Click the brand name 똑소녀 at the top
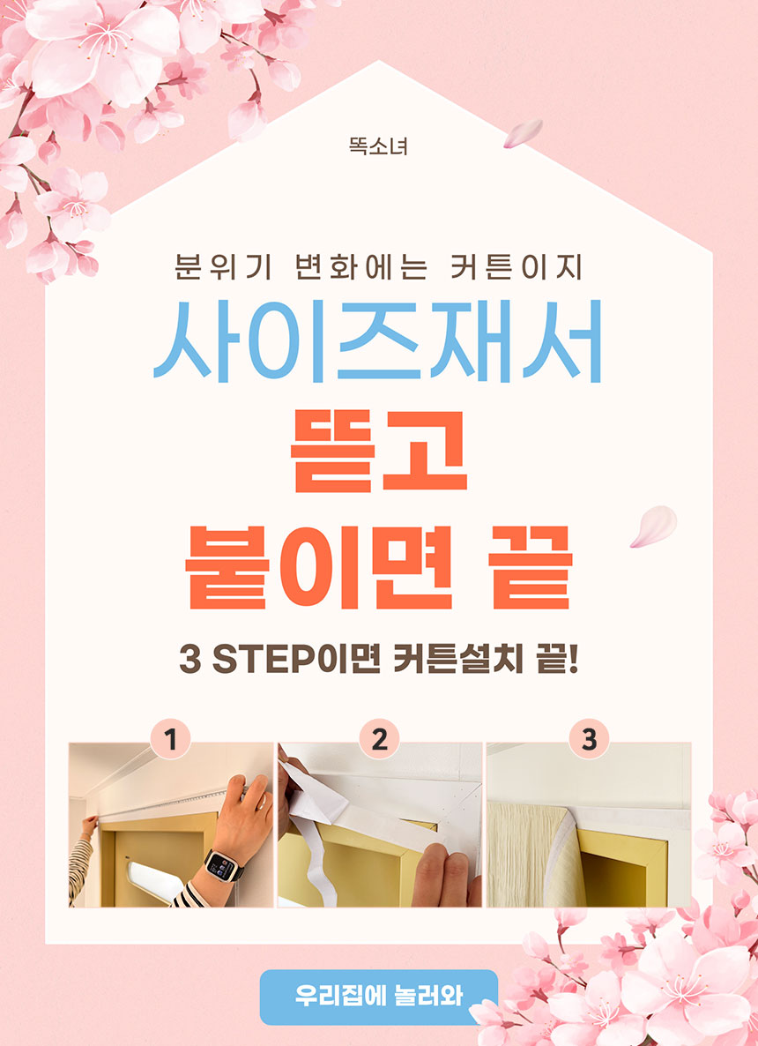click(x=378, y=146)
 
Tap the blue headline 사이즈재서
click(x=378, y=341)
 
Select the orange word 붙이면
click(x=319, y=567)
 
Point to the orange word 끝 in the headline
click(x=530, y=567)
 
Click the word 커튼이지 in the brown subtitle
click(x=516, y=267)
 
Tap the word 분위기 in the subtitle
click(x=223, y=267)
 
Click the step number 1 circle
click(x=171, y=739)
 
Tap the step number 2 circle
click(x=379, y=739)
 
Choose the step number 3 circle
click(x=589, y=739)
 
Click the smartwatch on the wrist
click(x=224, y=866)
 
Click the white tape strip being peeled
click(x=313, y=827)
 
